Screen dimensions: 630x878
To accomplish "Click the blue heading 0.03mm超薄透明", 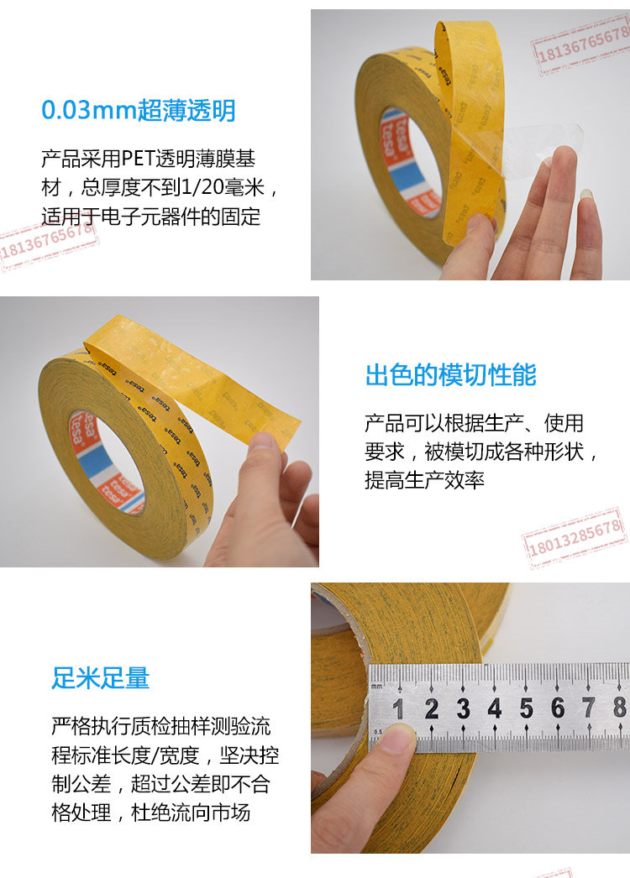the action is click(x=139, y=110).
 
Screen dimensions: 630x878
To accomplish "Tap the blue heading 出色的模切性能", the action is click(x=451, y=374).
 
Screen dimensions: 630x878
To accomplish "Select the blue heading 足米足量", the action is click(x=100, y=677).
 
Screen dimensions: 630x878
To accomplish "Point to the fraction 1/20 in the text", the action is click(x=202, y=187).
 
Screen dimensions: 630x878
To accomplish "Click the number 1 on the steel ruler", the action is click(x=398, y=709).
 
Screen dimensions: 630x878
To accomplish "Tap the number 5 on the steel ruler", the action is click(x=526, y=708).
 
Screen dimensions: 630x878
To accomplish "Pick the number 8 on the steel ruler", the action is click(x=619, y=708).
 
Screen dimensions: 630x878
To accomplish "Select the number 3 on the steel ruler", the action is click(x=463, y=709).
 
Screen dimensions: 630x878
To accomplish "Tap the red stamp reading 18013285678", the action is click(x=575, y=537).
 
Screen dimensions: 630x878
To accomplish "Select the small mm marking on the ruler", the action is click(x=376, y=686).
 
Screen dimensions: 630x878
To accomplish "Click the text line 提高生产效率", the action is click(x=424, y=480).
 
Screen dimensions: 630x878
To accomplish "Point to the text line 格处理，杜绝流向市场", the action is click(x=150, y=813).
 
